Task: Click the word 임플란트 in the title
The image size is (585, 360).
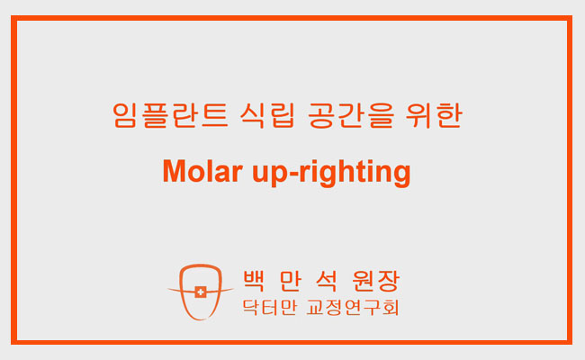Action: coord(170,115)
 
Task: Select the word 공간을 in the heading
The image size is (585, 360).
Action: coord(351,115)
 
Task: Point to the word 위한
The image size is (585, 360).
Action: coord(434,115)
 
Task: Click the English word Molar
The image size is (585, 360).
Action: coord(202,171)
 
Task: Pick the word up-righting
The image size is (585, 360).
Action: coord(331,173)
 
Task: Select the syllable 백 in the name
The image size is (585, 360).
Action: coord(254,281)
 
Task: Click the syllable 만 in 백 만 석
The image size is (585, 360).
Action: coord(291,281)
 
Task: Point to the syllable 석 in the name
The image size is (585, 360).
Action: coord(327,281)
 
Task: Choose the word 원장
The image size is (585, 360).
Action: coord(376,281)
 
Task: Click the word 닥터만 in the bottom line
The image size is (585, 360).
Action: coord(269,308)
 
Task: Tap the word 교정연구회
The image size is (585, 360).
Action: coord(353,308)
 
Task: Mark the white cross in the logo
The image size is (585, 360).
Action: coord(201,292)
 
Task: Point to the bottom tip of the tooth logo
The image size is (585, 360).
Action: coord(202,319)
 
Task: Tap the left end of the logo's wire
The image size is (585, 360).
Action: coord(167,289)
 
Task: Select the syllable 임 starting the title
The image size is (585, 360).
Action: coord(124,115)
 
